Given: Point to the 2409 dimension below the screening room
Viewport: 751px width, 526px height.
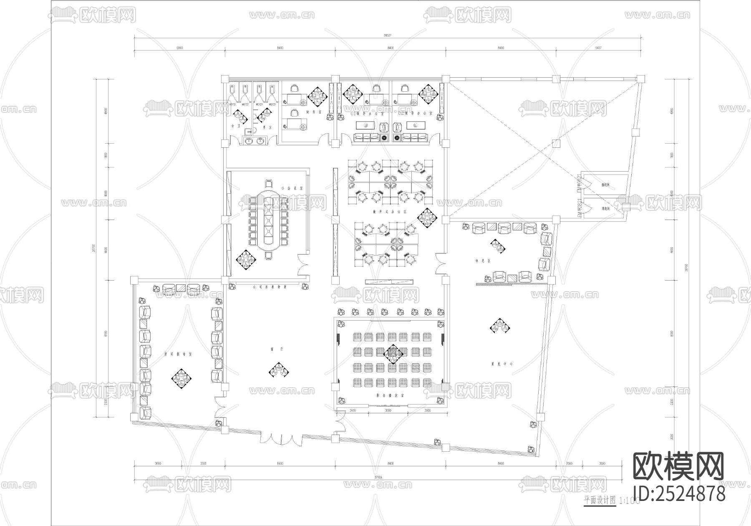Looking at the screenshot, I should coord(353,411).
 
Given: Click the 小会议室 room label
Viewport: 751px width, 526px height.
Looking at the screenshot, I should coord(289,188).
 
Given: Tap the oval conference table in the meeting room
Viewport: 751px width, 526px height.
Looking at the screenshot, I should coord(269,221).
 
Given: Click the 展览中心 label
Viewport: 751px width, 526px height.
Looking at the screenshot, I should coord(502,364).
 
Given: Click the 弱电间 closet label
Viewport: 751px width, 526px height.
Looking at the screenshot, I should coord(605,207).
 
